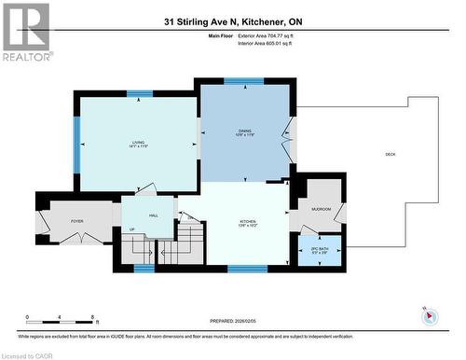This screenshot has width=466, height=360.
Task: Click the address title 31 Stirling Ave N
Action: tap(234, 21)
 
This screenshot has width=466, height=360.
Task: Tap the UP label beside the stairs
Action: tap(131, 230)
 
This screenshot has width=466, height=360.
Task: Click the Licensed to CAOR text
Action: tap(27, 354)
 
